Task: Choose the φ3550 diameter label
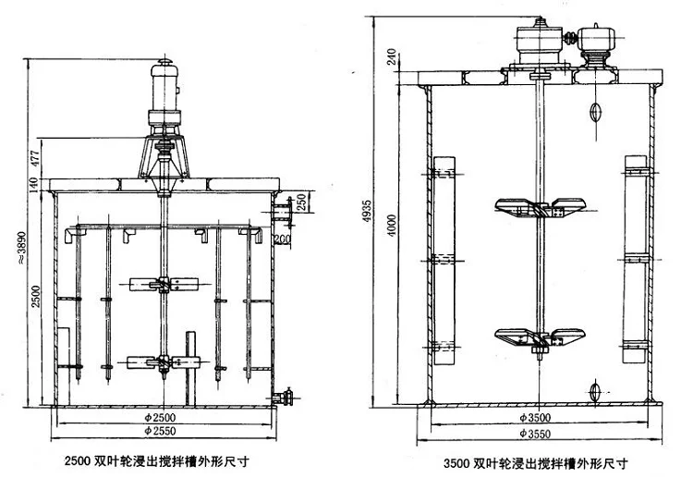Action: [x=537, y=433]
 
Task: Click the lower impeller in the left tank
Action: [x=163, y=362]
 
